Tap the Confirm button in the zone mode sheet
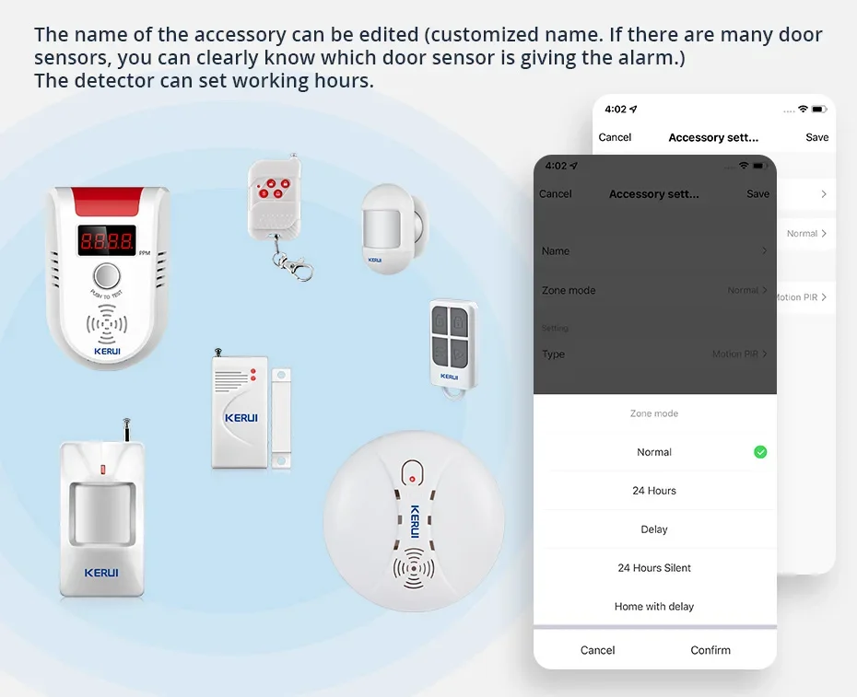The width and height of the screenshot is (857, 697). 710,650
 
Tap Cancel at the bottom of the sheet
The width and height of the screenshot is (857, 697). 597,650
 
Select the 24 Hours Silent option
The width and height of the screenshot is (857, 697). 654,568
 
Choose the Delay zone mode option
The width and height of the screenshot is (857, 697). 654,529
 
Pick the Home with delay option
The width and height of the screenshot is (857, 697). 654,607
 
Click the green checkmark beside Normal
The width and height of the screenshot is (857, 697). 760,452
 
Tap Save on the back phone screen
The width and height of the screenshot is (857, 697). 816,137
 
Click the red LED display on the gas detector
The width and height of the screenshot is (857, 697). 107,241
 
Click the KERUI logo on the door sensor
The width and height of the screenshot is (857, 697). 241,417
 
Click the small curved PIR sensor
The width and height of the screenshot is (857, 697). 392,227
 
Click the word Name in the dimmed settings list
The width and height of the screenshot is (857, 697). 556,251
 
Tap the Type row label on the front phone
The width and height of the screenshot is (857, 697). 553,354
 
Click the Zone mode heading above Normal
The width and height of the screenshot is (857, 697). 654,414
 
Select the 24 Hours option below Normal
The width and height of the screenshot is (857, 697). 654,491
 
